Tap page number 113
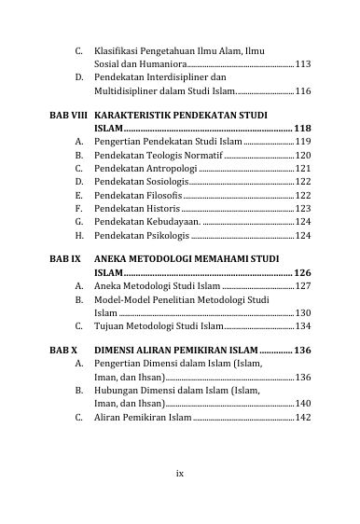point(302,63)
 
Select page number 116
point(302,92)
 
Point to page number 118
point(301,125)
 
